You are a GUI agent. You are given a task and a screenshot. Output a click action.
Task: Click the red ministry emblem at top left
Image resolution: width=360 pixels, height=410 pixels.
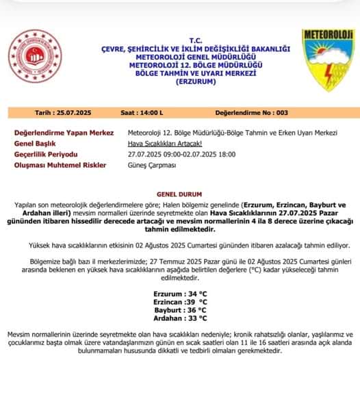(34, 58)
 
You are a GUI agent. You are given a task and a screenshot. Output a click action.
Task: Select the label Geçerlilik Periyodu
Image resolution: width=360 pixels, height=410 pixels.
(46, 155)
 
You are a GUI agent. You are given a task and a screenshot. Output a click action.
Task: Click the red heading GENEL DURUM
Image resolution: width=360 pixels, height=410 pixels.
(181, 194)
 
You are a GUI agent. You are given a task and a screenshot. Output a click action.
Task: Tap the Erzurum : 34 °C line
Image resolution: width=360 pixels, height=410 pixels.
(181, 293)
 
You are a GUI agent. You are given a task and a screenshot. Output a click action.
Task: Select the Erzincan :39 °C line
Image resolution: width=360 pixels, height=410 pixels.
(181, 301)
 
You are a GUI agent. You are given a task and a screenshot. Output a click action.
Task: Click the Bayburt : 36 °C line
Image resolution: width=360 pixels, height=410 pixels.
(181, 309)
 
